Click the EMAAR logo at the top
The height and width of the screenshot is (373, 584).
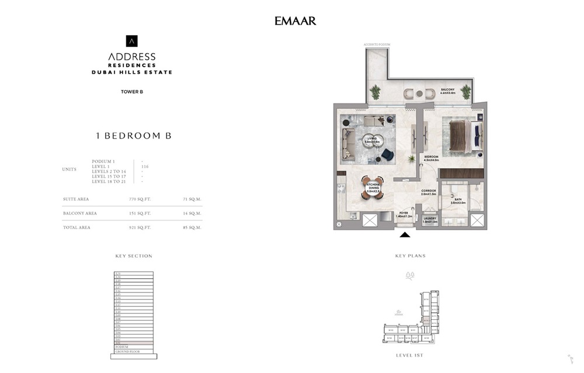pos(295,21)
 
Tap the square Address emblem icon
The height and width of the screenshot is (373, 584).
pos(132,41)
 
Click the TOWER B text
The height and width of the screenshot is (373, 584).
pos(132,91)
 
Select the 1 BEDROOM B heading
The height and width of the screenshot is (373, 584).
pos(133,136)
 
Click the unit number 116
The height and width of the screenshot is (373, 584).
pos(145,167)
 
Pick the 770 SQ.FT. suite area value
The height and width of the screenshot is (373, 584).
pos(140,199)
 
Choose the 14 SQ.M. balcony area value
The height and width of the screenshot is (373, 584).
pos(192,213)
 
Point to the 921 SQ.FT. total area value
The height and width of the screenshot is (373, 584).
pos(140,227)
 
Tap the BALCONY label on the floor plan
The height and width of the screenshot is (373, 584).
pos(449,84)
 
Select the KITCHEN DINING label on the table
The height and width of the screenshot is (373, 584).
pos(373,188)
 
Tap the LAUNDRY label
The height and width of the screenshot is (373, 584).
pos(431,220)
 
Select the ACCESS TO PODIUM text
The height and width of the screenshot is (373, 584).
pos(376,44)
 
